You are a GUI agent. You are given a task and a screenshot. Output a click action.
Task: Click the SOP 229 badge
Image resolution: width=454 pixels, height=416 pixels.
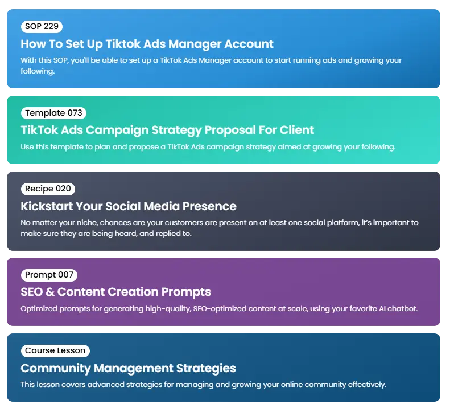coord(42,26)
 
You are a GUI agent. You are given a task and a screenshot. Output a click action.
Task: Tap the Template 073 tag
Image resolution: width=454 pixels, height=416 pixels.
coord(53,113)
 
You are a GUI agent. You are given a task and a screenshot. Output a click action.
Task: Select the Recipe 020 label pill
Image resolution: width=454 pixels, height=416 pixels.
coord(48,189)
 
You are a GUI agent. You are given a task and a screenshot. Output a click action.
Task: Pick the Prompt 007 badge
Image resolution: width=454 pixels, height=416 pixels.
coord(49,275)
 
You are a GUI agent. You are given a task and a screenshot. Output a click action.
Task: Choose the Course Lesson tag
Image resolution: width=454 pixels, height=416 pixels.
coord(55,350)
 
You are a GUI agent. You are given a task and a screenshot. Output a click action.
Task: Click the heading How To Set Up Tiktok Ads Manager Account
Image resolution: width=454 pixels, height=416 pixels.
coord(147,44)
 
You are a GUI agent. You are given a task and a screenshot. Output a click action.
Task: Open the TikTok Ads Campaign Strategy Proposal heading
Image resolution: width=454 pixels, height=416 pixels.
coord(167,130)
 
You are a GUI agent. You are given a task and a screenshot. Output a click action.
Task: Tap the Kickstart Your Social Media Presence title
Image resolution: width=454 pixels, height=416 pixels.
coord(128,206)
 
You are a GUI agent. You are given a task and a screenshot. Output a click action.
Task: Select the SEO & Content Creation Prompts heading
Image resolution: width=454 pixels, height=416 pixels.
coord(115,292)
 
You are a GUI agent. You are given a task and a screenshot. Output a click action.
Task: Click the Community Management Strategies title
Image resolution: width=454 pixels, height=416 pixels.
coord(128,368)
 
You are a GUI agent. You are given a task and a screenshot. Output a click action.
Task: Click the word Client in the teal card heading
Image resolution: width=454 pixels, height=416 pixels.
coord(296,130)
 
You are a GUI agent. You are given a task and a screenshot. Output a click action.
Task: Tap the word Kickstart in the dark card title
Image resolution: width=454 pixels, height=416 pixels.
coord(47,206)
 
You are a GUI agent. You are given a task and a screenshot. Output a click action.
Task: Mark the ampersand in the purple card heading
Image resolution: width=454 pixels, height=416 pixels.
coord(50,292)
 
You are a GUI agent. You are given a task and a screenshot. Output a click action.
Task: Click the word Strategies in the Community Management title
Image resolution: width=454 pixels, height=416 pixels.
coord(206,369)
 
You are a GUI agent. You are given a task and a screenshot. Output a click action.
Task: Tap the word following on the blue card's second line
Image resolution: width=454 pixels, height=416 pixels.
coord(38,71)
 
